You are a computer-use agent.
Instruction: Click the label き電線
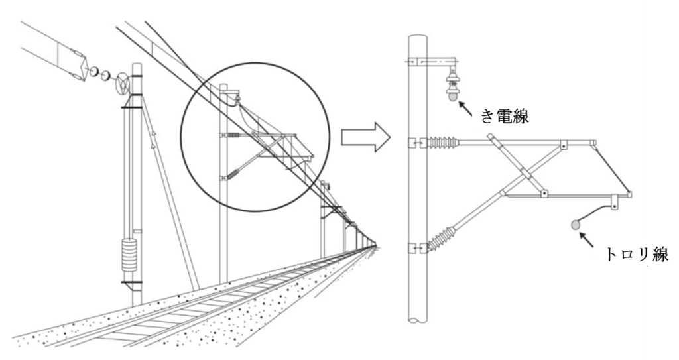(x=505, y=116)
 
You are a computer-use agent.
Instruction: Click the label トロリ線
(x=637, y=255)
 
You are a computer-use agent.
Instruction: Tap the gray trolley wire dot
(x=576, y=225)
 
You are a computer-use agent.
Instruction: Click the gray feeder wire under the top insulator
(x=452, y=97)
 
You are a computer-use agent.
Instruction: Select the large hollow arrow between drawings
(x=365, y=137)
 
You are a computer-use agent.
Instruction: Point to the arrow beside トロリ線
(x=587, y=239)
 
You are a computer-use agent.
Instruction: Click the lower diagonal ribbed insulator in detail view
(x=441, y=239)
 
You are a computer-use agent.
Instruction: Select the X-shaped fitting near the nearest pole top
(x=123, y=84)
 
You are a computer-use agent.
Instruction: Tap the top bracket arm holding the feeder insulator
(x=434, y=62)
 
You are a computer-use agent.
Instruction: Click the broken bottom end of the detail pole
(x=418, y=320)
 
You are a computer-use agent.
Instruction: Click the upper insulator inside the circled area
(x=233, y=135)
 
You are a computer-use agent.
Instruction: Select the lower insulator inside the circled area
(x=233, y=174)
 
